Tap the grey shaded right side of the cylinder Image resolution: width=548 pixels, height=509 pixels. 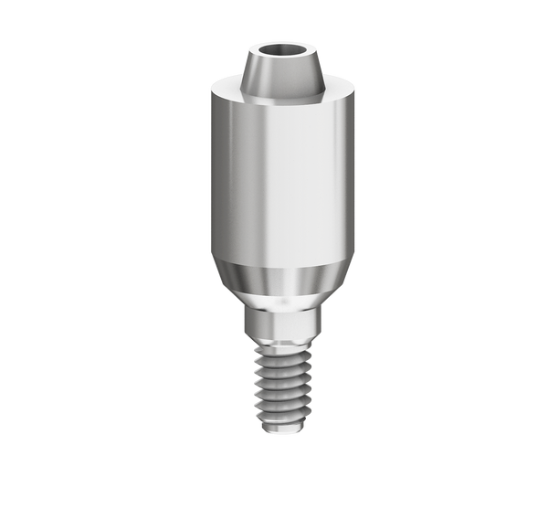(x=338, y=174)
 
